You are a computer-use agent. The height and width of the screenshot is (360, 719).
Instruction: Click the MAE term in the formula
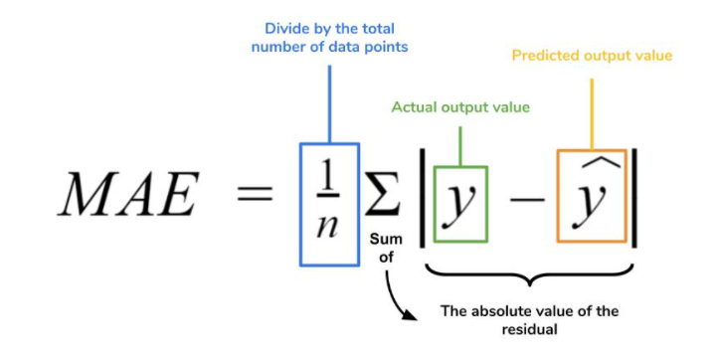pyautogui.click(x=124, y=196)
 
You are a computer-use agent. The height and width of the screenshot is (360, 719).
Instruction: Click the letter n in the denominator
pyautogui.click(x=327, y=224)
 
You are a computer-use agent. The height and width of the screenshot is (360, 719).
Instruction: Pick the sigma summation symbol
pyautogui.click(x=382, y=196)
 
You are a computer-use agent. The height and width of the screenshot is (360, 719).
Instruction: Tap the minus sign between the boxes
pyautogui.click(x=523, y=203)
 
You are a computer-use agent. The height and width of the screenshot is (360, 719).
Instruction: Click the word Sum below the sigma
pyautogui.click(x=384, y=240)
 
